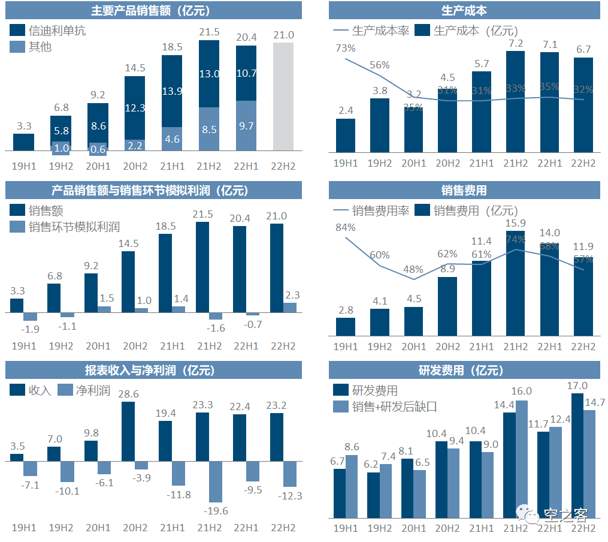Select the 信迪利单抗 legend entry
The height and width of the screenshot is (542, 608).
(x=49, y=30)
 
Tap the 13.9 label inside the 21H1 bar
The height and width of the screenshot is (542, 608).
(x=172, y=91)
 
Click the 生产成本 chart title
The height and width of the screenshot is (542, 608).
(x=464, y=10)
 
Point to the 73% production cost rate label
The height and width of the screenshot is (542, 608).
(x=346, y=48)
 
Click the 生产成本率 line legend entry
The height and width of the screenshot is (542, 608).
(x=371, y=31)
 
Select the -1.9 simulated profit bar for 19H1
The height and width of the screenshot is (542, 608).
(x=30, y=317)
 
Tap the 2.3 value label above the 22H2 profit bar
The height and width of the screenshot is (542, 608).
(x=290, y=295)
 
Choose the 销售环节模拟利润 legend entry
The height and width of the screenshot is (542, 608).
(x=65, y=227)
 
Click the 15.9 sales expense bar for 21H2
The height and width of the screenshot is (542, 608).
(x=515, y=282)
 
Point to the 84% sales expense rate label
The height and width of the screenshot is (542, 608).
(x=346, y=227)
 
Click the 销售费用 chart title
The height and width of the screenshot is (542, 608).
(x=464, y=191)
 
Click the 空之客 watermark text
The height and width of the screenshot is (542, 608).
(x=565, y=514)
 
